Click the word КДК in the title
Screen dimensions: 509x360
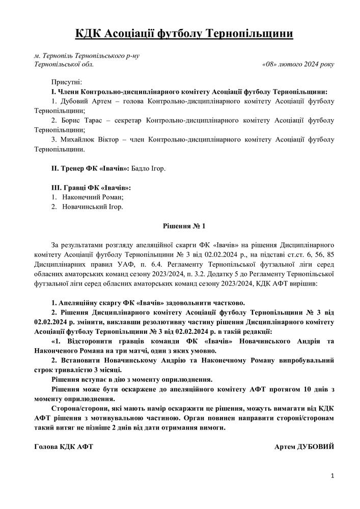point(88,34)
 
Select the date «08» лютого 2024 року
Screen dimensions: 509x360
point(297,65)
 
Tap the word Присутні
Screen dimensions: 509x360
point(66,82)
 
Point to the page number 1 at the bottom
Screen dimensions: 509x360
point(332,476)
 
